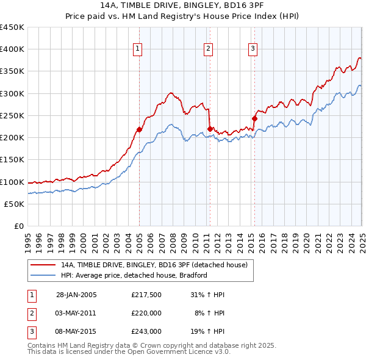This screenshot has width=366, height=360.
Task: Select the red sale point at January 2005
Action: click(x=139, y=129)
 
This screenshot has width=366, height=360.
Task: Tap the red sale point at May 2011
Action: click(x=210, y=129)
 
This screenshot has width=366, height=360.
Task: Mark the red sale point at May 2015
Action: click(x=254, y=118)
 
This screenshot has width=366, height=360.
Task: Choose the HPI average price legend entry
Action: click(x=134, y=275)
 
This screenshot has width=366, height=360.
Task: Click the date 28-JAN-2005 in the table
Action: click(x=76, y=295)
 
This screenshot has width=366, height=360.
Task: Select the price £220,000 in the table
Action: click(x=146, y=313)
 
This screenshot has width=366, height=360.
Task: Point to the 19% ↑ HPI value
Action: click(x=210, y=331)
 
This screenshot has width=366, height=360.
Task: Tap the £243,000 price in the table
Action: click(x=146, y=331)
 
